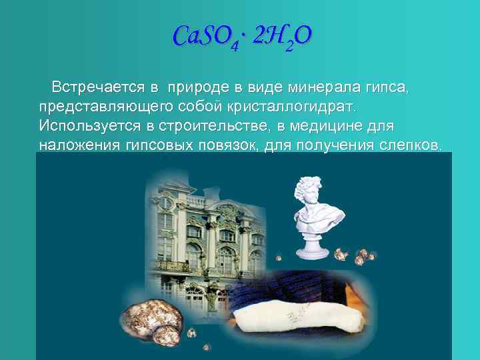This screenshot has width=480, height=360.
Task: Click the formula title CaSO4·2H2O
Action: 241,37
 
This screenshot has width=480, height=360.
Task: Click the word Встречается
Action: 98,87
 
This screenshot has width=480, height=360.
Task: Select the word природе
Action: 199,87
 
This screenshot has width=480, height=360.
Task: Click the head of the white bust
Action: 313,193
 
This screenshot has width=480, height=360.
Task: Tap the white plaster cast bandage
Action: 306,313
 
